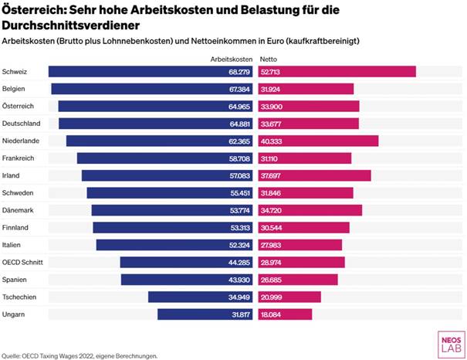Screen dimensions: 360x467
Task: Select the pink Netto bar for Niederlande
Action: (x=317, y=141)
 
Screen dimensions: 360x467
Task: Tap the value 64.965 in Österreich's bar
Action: (x=237, y=106)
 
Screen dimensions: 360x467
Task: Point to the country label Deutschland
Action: (x=22, y=124)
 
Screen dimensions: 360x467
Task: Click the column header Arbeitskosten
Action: (x=232, y=58)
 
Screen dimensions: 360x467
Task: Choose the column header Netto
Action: (x=268, y=58)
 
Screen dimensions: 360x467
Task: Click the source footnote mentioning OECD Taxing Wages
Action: (x=80, y=355)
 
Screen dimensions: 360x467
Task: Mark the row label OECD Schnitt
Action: (x=24, y=263)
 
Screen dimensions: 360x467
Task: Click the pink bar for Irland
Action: (x=313, y=175)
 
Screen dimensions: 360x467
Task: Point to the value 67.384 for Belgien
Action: (x=237, y=89)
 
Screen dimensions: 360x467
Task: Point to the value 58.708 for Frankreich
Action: (x=237, y=158)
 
